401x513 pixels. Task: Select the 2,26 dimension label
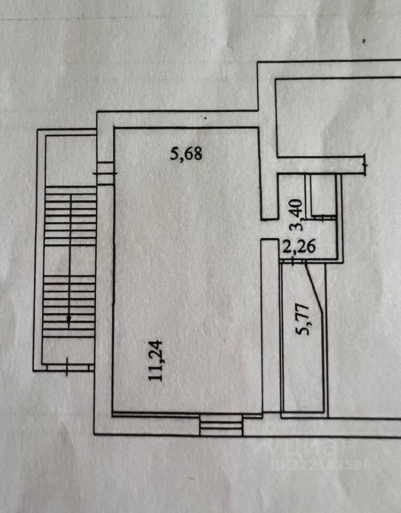coord(299,247)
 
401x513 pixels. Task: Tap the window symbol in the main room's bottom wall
coord(221,424)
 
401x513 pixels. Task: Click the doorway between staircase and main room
coord(105,173)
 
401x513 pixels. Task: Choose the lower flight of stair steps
coord(70,306)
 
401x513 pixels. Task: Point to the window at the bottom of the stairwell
coord(67,367)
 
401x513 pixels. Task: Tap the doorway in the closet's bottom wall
coord(323,217)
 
